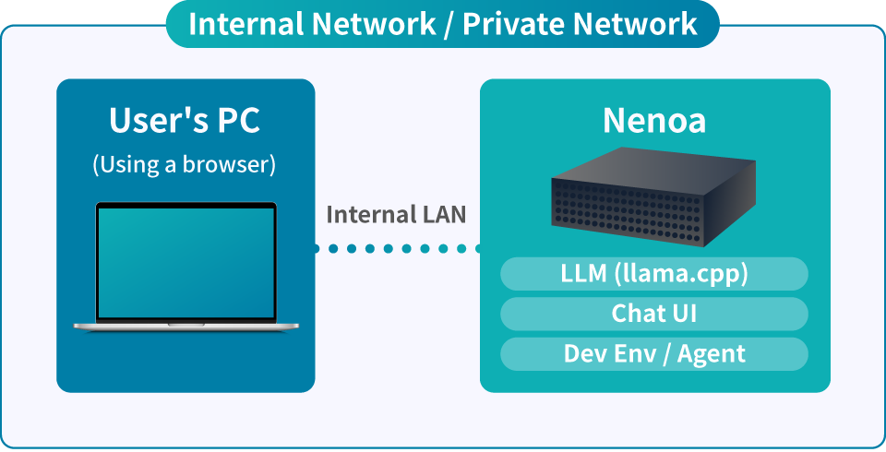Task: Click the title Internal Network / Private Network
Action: tap(443, 24)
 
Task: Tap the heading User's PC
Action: tap(185, 121)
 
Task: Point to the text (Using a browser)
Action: tap(185, 165)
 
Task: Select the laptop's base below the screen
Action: tap(186, 326)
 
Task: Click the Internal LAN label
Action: tap(396, 215)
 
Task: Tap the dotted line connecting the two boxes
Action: tap(397, 248)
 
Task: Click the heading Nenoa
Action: tap(654, 121)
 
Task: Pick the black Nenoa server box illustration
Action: tap(653, 203)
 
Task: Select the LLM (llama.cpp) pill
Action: tap(654, 274)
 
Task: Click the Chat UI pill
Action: tap(654, 314)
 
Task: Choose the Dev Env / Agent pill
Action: tap(654, 353)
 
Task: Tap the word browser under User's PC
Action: tap(231, 165)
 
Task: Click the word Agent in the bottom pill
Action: tap(712, 353)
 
